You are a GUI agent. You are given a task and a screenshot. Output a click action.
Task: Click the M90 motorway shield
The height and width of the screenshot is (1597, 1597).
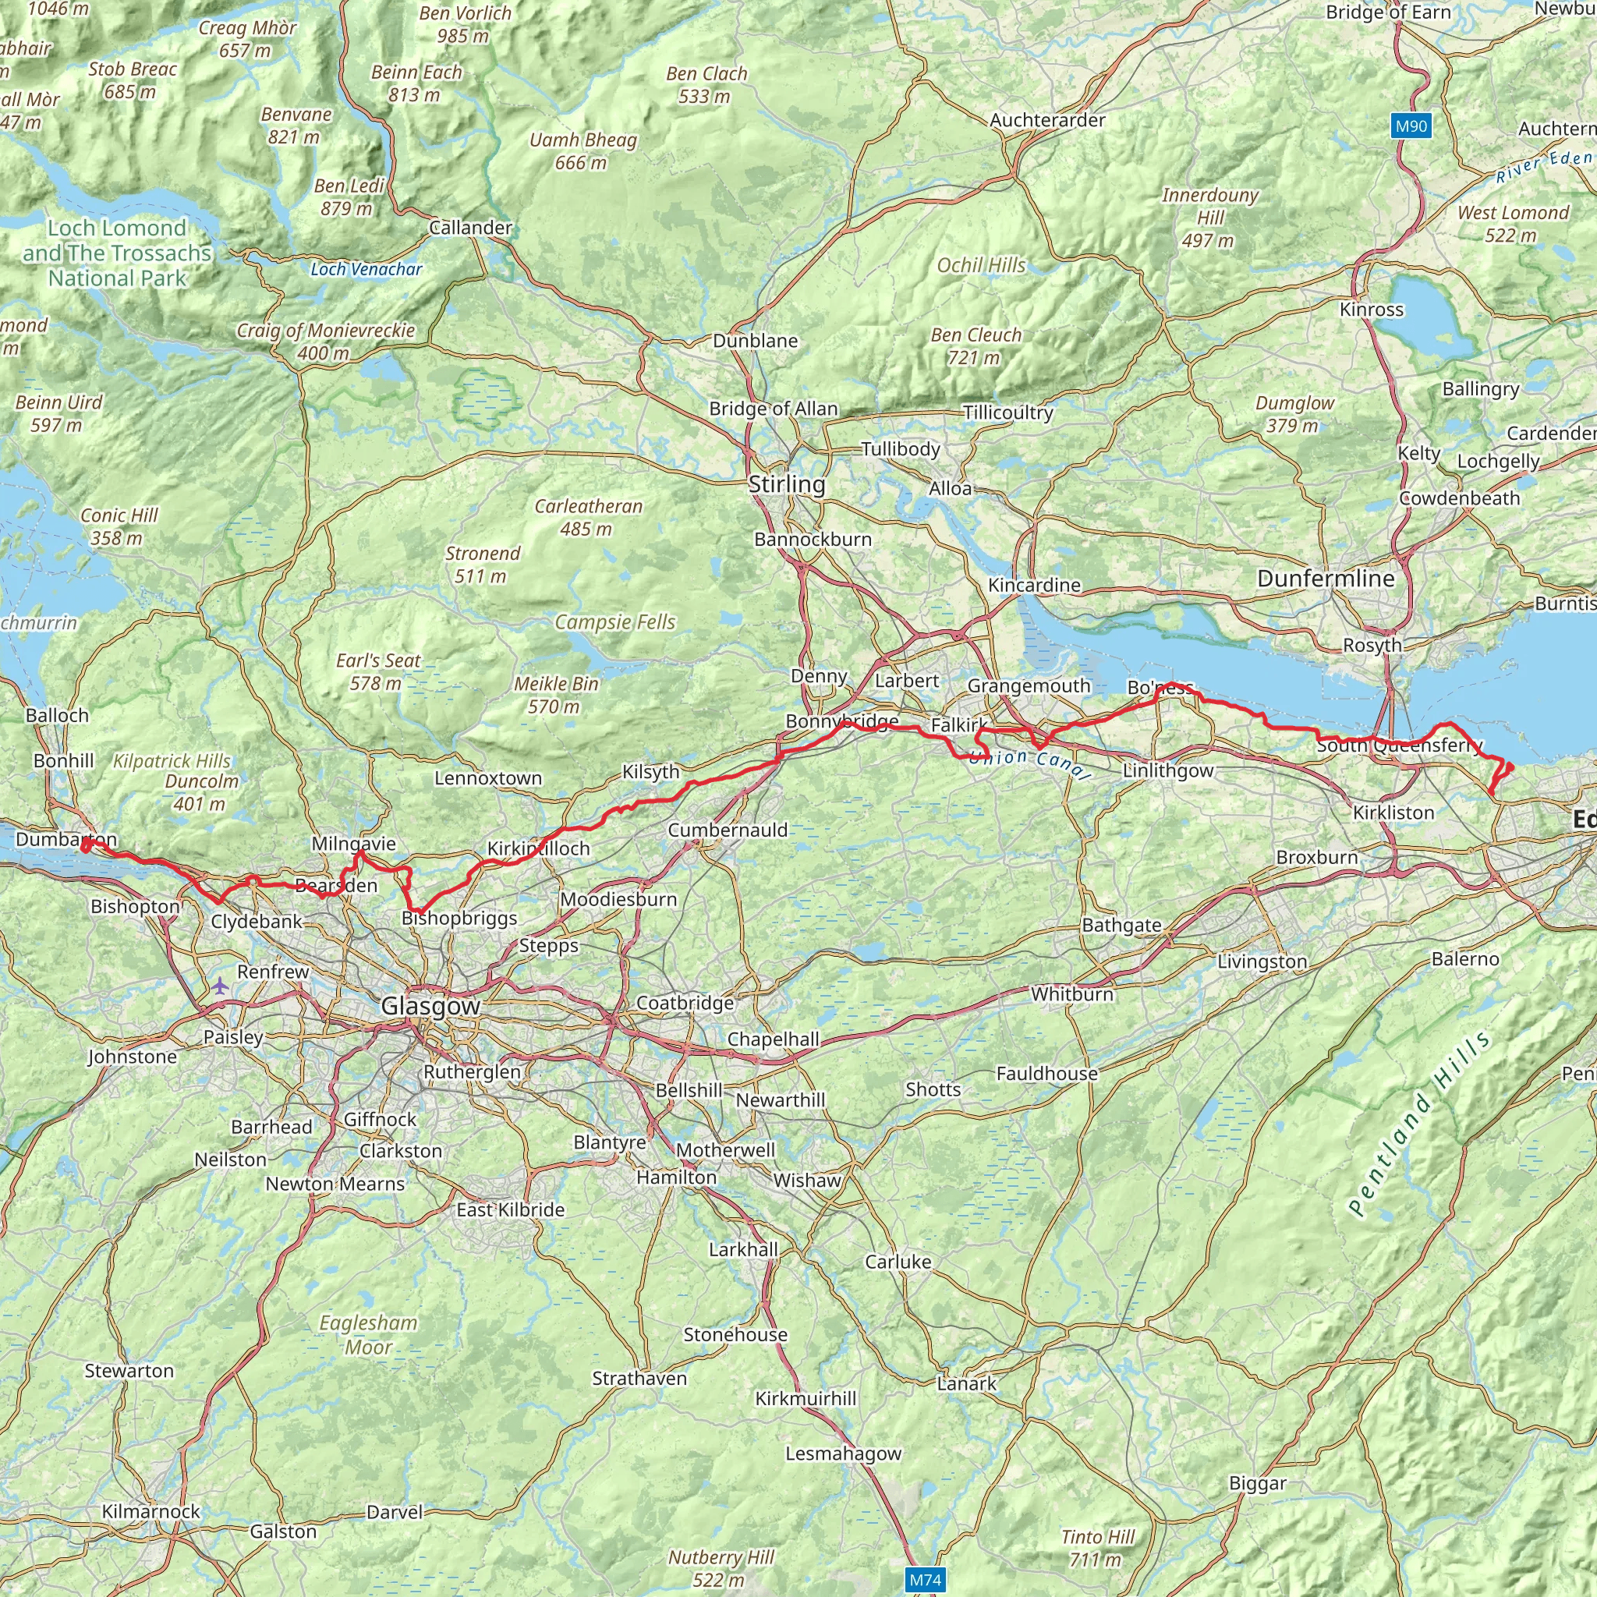pos(1410,126)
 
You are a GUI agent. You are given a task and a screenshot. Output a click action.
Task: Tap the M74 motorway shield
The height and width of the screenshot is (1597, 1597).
pos(925,1580)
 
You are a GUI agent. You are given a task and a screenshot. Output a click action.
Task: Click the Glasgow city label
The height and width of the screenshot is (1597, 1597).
pos(430,1005)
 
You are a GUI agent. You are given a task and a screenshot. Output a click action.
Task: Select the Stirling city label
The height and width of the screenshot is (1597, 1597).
pos(786,483)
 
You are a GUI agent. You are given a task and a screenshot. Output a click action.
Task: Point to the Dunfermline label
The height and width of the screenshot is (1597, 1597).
pos(1325,579)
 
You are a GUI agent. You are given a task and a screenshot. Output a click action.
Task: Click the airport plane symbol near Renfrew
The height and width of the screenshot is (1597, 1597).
pos(220,986)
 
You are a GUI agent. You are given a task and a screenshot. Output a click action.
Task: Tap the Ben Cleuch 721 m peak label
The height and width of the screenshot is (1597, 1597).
pos(976,346)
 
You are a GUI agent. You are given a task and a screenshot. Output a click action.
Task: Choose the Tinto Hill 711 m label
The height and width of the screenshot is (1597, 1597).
pos(1098,1547)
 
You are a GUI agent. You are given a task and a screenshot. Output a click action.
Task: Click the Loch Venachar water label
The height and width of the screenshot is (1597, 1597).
pos(366,270)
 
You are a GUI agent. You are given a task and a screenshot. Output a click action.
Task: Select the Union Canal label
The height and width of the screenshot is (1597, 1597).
pos(1029,763)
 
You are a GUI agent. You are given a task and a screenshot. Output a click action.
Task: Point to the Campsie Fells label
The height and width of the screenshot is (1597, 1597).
pos(614,621)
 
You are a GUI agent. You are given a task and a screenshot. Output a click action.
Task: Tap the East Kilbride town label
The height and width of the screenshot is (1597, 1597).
pos(510,1209)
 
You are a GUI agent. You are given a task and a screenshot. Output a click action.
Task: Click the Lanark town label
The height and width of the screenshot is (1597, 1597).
pos(966,1383)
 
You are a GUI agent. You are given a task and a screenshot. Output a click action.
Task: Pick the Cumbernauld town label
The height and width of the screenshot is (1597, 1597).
pos(728,830)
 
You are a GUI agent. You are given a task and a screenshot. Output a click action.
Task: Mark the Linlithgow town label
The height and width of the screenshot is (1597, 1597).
pos(1167,770)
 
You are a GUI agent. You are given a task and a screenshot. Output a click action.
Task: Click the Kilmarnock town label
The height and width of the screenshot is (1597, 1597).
pos(150,1511)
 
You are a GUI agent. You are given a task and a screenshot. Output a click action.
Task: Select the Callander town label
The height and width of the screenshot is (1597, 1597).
pos(470,228)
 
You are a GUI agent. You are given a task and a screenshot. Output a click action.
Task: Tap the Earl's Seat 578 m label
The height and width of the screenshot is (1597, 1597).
pos(377,671)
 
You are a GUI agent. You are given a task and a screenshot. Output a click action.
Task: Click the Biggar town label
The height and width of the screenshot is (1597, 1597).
pos(1257,1483)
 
